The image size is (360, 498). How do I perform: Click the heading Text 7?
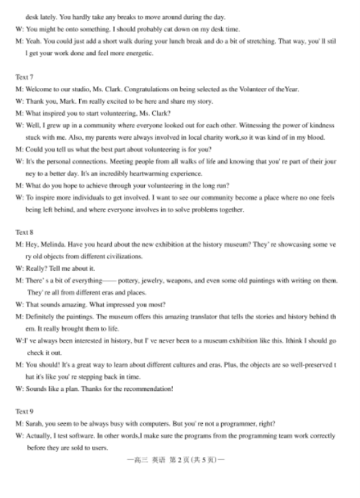(24, 78)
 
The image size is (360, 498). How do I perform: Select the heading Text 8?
(24, 233)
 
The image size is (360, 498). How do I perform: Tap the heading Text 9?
(24, 411)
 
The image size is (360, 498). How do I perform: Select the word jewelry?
(155, 281)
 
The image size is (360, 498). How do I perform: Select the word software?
(79, 436)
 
